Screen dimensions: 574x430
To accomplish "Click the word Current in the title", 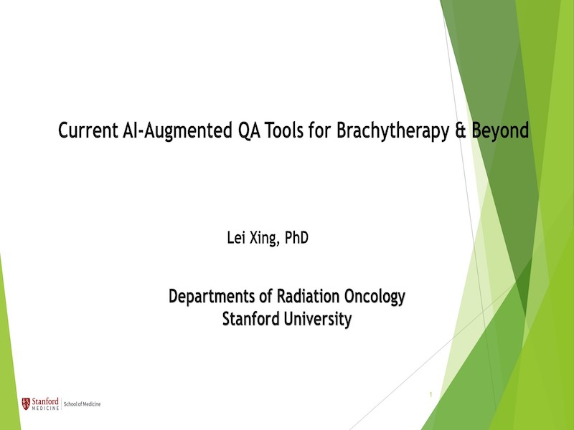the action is click(88, 130).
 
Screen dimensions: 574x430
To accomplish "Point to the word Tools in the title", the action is click(283, 130).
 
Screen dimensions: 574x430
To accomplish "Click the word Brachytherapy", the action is click(392, 131).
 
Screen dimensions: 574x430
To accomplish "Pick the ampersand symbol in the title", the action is click(461, 130).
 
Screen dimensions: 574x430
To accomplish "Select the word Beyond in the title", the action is click(500, 131).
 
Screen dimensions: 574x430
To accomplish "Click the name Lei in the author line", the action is click(236, 238).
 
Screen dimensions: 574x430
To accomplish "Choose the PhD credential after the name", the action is click(296, 238).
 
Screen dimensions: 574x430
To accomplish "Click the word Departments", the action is click(212, 297).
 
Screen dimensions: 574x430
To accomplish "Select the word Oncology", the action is click(375, 297).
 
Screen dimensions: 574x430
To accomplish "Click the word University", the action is click(318, 319).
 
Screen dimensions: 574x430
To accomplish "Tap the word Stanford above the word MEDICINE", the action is click(45, 401).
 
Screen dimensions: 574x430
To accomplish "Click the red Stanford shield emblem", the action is click(26, 403).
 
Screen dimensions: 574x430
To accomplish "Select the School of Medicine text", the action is click(82, 404).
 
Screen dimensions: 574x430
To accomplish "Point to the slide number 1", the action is click(431, 395).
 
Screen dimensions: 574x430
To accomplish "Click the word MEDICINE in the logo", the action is click(45, 408).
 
